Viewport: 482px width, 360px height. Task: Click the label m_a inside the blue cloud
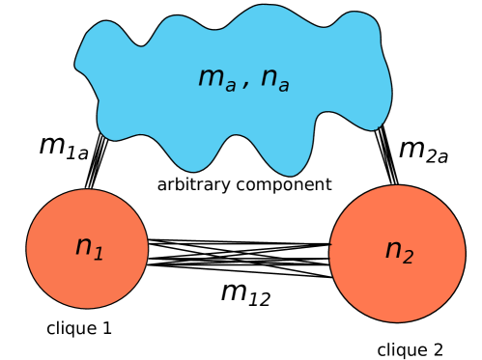click(x=216, y=79)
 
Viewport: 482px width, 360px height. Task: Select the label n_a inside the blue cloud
click(x=274, y=79)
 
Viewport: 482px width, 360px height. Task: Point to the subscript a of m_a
click(x=230, y=87)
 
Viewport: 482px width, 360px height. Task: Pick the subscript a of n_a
click(x=283, y=87)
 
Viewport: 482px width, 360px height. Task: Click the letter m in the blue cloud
click(x=210, y=77)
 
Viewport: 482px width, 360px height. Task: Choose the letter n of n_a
click(x=269, y=77)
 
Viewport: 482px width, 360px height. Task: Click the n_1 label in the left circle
click(x=89, y=248)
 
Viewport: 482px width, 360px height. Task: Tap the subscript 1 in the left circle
click(x=99, y=254)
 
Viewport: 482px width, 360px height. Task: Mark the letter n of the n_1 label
click(x=83, y=246)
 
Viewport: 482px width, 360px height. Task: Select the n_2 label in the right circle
click(x=399, y=252)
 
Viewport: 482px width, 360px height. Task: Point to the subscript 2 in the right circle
click(x=408, y=257)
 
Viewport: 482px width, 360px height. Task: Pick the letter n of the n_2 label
click(x=392, y=250)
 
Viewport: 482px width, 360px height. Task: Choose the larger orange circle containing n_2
click(x=397, y=290)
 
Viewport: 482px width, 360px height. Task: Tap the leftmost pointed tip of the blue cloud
click(x=77, y=67)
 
